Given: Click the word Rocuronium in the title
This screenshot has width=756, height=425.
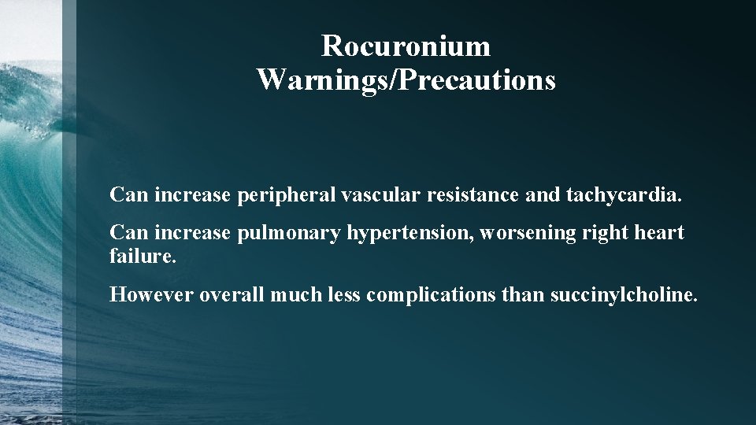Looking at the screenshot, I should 406,46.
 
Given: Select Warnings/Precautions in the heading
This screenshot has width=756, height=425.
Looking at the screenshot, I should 406,79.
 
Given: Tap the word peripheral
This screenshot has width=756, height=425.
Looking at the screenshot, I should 286,194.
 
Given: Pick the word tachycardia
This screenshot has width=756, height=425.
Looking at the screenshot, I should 624,194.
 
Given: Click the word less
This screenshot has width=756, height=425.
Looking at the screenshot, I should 341,295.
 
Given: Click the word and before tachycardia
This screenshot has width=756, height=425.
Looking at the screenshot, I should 543,194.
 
